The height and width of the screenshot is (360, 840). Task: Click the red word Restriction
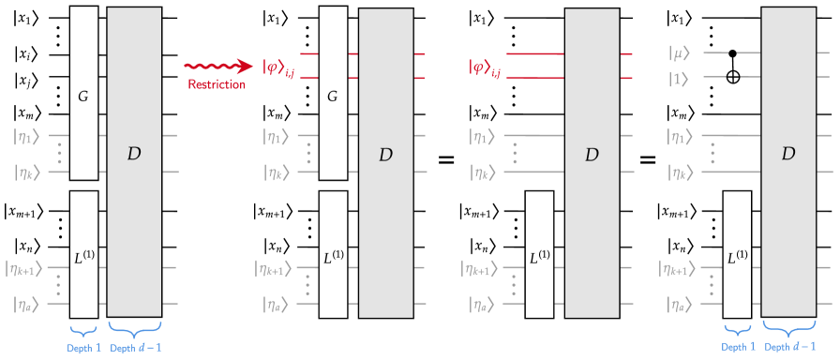coord(217,85)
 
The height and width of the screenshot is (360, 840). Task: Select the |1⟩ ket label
coord(679,79)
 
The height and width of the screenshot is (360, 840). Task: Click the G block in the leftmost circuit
coord(83,93)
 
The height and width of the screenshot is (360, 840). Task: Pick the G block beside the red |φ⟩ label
coord(333,93)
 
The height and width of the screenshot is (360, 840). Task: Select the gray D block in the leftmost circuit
coord(134,155)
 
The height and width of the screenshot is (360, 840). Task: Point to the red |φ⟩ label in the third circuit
coord(485,67)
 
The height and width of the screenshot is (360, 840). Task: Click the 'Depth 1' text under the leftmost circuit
coord(83,348)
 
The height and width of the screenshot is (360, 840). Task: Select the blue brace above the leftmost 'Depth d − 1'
coord(134,328)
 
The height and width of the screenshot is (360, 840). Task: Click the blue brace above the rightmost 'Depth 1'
coord(738,328)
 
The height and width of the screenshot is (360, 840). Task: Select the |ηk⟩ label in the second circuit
coord(277,172)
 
